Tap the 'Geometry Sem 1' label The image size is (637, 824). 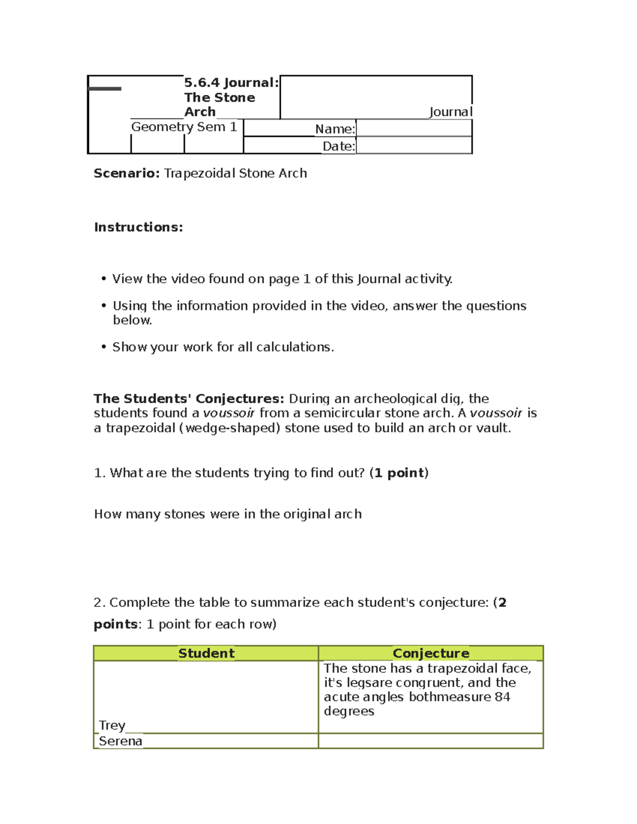[x=184, y=127]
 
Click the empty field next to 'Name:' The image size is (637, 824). [x=414, y=128]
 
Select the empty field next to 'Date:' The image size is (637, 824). [x=414, y=145]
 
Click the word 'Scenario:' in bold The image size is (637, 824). [x=126, y=174]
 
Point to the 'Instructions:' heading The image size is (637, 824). [x=139, y=227]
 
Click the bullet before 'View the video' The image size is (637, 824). [x=104, y=279]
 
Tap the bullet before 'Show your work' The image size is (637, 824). [x=104, y=347]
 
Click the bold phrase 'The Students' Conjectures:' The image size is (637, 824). [x=189, y=398]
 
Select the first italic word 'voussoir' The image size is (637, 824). [x=229, y=413]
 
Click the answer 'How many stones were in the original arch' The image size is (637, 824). [x=228, y=514]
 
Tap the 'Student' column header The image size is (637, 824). [x=206, y=653]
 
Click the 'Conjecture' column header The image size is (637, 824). [x=431, y=653]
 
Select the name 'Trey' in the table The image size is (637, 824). [x=112, y=725]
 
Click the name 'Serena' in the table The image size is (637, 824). [x=120, y=741]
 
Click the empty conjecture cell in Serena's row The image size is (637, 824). [x=431, y=741]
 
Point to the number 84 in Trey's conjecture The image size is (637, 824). [x=502, y=697]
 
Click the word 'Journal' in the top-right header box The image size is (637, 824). [x=450, y=112]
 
